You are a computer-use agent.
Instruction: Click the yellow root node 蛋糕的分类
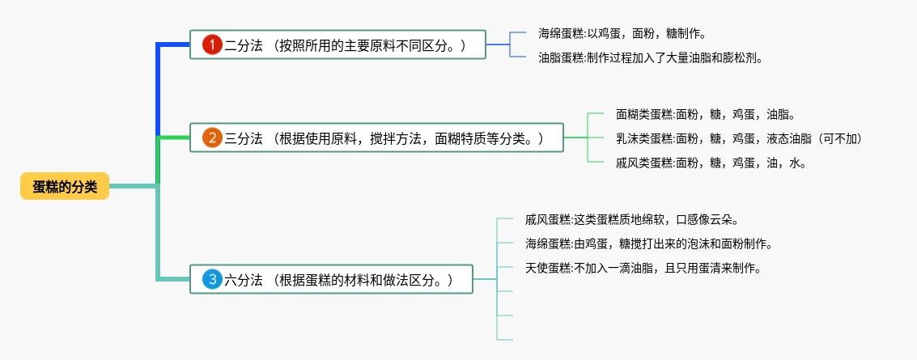(65, 187)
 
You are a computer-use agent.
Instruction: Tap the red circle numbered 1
(211, 45)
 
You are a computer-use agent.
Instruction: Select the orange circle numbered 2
(211, 138)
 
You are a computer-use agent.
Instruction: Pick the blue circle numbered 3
(211, 280)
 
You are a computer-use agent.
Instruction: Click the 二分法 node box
(338, 45)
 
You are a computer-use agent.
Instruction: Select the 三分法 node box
(376, 138)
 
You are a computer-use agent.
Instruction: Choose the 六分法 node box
(331, 280)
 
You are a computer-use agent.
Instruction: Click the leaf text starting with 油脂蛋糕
(650, 57)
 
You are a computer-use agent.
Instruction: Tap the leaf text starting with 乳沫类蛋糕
(739, 138)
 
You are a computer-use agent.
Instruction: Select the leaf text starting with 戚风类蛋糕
(711, 162)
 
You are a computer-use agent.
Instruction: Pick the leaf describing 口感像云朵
(631, 219)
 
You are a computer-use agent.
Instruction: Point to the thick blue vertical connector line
(158, 89)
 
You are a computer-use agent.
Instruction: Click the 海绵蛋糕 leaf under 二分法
(622, 34)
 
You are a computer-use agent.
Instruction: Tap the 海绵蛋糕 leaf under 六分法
(648, 243)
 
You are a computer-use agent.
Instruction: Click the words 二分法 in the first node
(244, 45)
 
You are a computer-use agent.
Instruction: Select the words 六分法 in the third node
(244, 280)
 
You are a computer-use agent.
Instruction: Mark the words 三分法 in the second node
(244, 138)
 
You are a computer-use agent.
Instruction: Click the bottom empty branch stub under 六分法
(504, 339)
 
